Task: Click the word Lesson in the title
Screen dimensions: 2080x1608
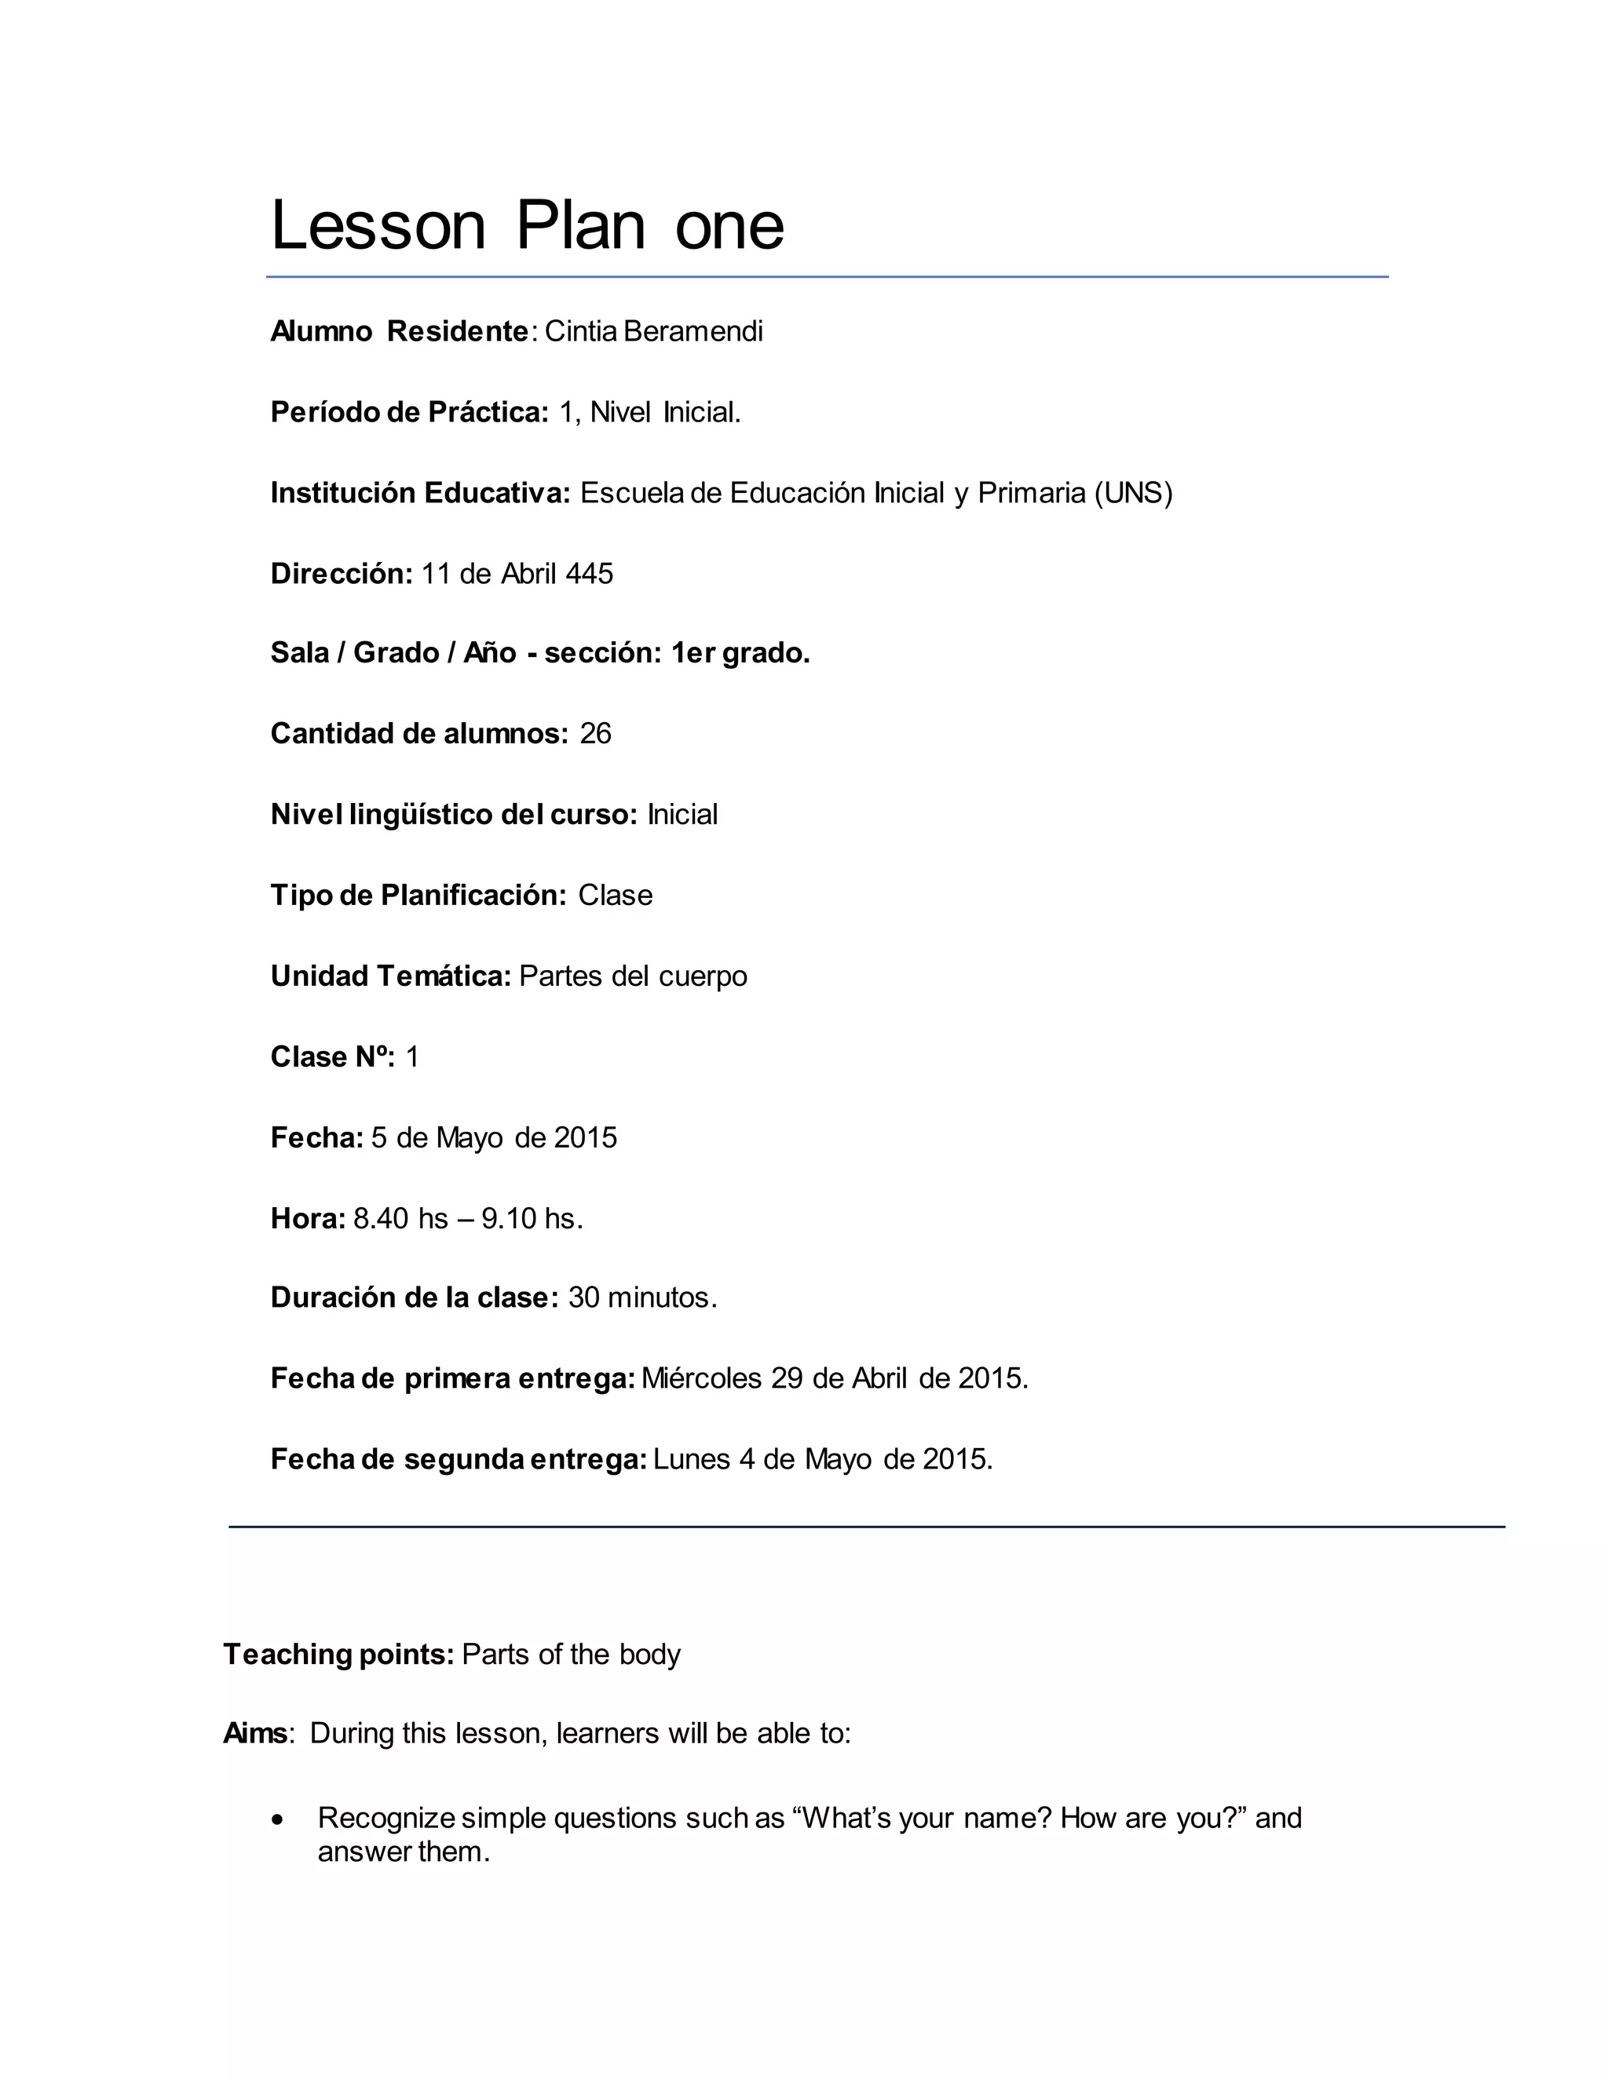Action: tap(378, 226)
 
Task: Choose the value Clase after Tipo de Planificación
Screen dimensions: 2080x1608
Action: tap(616, 896)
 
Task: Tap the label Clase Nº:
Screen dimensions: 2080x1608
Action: tap(332, 1057)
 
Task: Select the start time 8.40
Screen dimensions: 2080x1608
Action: tap(381, 1218)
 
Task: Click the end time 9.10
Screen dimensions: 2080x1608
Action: tap(509, 1218)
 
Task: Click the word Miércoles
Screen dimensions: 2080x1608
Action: tap(702, 1379)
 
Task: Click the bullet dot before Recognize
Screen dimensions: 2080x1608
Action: tap(277, 1820)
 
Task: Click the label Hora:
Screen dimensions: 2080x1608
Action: tap(308, 1218)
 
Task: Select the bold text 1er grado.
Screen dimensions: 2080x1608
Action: tap(740, 653)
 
